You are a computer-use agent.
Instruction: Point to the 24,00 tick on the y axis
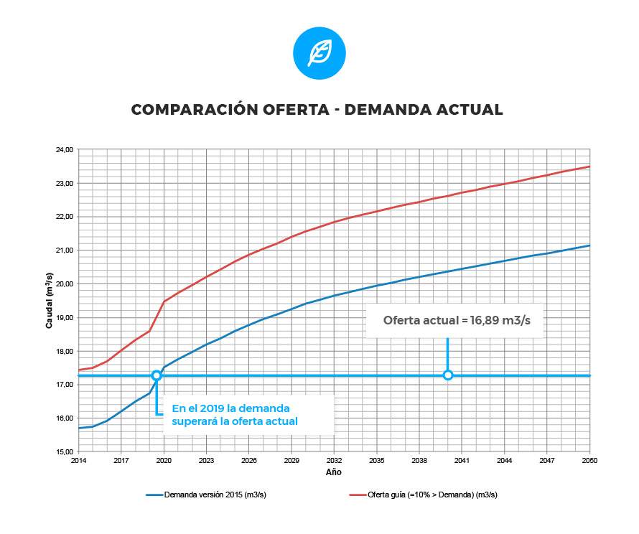[64, 150]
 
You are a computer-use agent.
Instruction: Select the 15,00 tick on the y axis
[64, 451]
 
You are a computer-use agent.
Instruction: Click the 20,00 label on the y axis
[64, 284]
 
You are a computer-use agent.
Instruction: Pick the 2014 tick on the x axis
[78, 461]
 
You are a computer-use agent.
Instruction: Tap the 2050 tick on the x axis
[589, 461]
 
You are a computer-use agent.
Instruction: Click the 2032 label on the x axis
[334, 461]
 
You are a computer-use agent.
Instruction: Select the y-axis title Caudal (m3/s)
[50, 301]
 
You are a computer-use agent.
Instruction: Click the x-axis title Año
[333, 472]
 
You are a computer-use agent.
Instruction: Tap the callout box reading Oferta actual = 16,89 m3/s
[456, 320]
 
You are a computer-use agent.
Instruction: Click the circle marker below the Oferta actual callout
[448, 375]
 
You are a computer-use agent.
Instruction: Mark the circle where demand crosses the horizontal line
[157, 375]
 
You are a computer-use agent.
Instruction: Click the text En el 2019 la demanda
[231, 408]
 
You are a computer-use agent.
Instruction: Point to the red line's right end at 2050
[589, 167]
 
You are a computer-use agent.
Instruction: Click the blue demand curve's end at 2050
[589, 245]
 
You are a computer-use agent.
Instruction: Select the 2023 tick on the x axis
[206, 461]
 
